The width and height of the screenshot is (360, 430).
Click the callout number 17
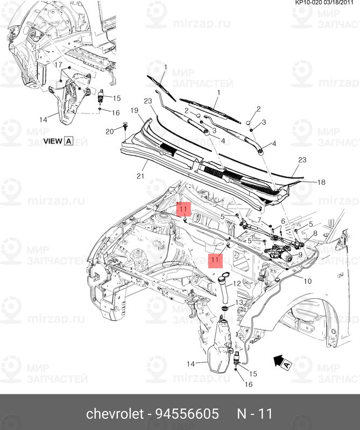[54, 64]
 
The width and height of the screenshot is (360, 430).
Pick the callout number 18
[321, 183]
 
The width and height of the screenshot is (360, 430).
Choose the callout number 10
[308, 281]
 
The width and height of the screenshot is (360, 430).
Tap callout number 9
[299, 254]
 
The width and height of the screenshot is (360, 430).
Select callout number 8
[315, 234]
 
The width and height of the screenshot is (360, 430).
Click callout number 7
[259, 220]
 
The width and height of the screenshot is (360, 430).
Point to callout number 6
[283, 221]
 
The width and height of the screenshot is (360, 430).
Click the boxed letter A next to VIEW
[68, 141]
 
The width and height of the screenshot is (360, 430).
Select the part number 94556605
[187, 414]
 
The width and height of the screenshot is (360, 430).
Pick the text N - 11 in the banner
[256, 414]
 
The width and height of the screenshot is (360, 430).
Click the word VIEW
[52, 141]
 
